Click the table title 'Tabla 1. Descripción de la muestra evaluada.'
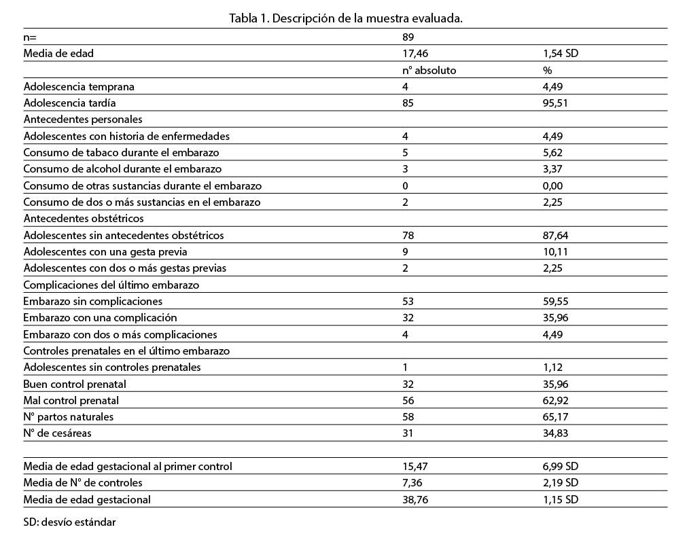(346, 18)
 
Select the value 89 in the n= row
(408, 37)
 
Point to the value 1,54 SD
(560, 53)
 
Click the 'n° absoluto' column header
(429, 70)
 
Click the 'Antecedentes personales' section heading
(83, 120)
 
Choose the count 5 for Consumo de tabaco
(406, 152)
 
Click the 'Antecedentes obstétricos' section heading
(84, 219)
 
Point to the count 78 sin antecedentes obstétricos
(408, 235)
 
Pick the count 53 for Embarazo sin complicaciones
(408, 301)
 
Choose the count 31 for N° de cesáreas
(408, 433)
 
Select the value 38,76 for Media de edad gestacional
(416, 499)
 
